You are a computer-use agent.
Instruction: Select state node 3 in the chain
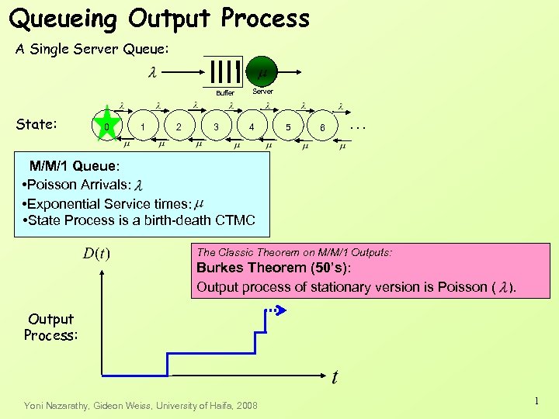coord(216,126)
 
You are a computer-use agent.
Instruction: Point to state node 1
coord(142,126)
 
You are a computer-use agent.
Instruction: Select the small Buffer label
coord(224,92)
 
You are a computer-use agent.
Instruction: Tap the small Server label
coord(262,92)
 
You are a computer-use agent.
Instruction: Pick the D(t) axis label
coord(96,254)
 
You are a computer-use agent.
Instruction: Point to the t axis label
coord(335,378)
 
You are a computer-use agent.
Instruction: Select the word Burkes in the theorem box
coord(220,268)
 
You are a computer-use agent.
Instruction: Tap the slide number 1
coord(536,400)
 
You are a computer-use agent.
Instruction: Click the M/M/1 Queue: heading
coord(75,165)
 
